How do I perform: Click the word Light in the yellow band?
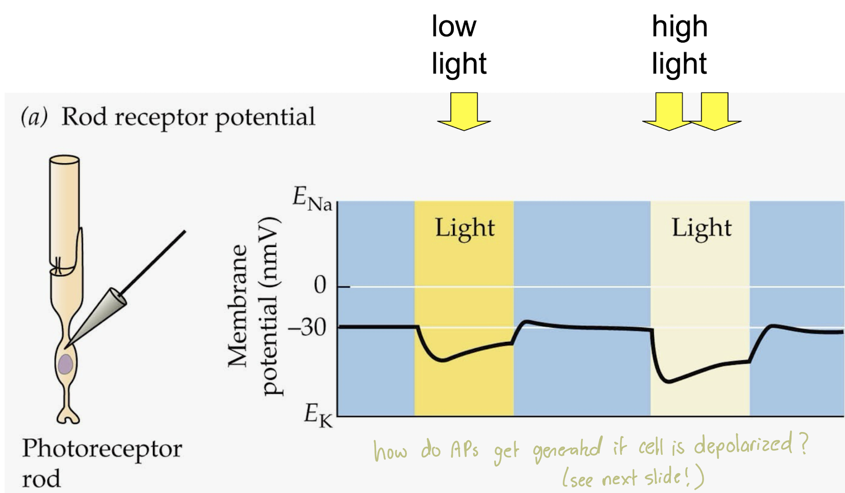coord(465,228)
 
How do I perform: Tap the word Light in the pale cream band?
coord(701,228)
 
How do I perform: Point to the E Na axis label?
coord(312,199)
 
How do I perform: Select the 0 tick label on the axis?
coord(320,285)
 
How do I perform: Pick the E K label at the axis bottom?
coord(318,416)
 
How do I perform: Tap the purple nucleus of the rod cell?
coord(65,364)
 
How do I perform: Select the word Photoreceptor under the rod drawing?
coord(102,448)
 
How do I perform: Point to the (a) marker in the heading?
coord(34,117)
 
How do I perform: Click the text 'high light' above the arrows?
coord(679,45)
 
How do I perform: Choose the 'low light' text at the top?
coord(458,45)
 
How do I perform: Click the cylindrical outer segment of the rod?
coord(64,208)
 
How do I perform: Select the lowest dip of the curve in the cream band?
coord(668,382)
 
